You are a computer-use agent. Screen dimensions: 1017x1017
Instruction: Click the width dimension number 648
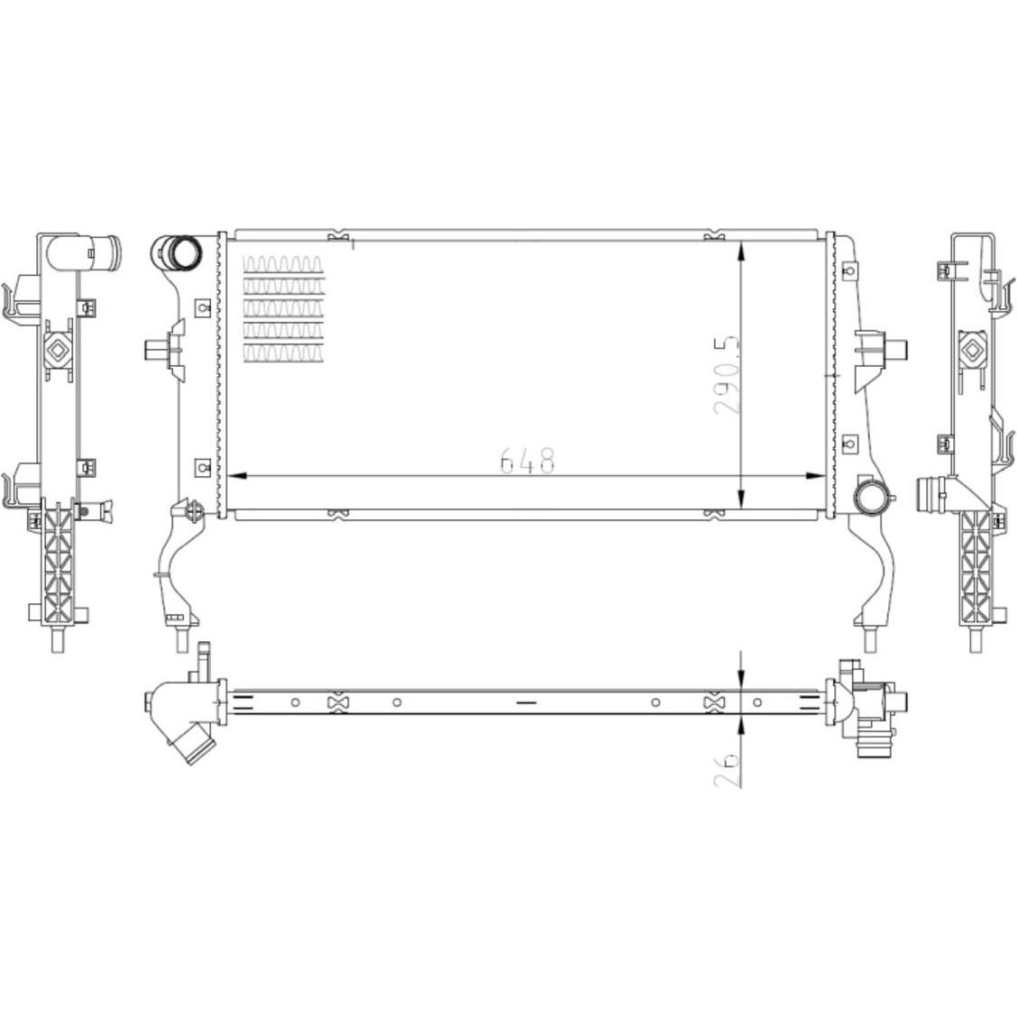(528, 460)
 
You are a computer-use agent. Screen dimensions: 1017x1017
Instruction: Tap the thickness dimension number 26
(727, 770)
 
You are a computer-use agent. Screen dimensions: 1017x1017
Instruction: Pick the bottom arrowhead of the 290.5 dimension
(742, 498)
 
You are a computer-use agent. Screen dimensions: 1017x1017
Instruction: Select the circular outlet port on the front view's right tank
(872, 499)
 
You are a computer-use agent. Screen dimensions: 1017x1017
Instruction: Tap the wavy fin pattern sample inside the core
(283, 308)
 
